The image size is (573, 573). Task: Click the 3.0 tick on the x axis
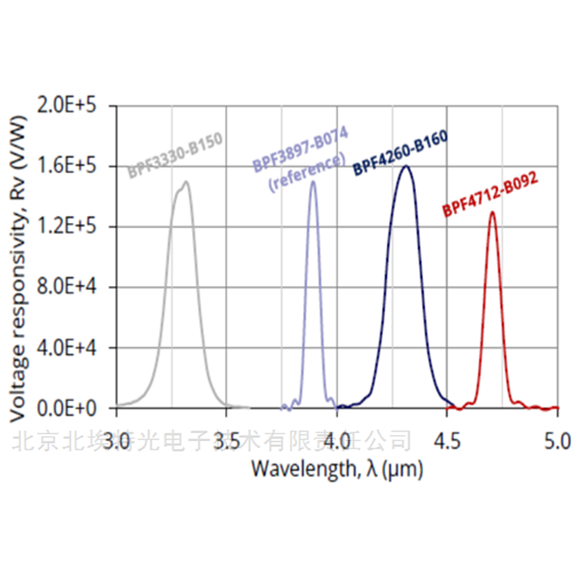coord(117,439)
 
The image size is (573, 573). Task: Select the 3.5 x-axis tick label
coord(226,439)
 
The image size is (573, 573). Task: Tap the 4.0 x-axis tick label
coord(337,439)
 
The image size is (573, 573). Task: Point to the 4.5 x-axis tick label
coord(447,439)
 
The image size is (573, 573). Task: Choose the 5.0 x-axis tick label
coord(557,439)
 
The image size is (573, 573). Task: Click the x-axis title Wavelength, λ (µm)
coord(337,469)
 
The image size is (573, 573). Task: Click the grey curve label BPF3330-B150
coord(175,155)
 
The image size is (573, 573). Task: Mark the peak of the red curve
coord(493,212)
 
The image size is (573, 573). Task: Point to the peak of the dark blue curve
coord(406,166)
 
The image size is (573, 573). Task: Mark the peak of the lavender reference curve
coord(313,182)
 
